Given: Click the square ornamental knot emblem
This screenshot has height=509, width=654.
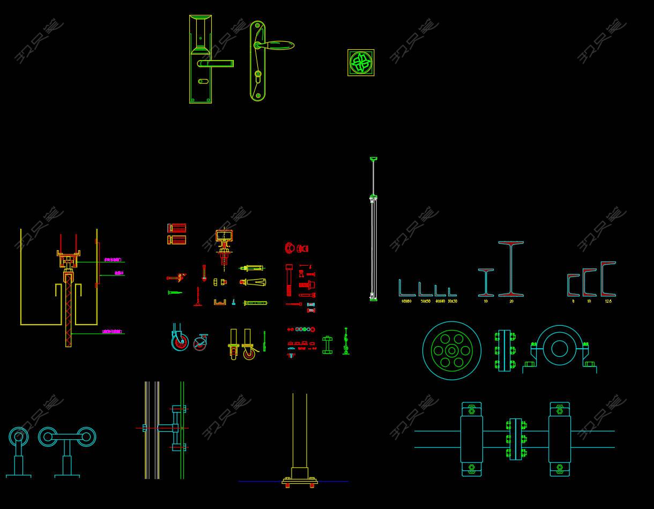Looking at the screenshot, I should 361,63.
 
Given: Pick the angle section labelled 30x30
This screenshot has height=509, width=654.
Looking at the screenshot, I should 452,292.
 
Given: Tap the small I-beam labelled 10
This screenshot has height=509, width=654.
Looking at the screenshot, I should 486,282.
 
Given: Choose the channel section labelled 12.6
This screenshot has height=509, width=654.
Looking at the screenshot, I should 608,279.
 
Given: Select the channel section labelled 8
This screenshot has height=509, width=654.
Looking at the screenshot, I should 573,285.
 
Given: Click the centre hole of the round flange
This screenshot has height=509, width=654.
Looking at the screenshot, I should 452,351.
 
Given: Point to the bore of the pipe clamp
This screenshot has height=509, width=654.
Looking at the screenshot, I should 559,349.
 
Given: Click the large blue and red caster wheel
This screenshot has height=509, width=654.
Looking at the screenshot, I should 180,341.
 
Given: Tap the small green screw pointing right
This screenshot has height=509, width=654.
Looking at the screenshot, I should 174,293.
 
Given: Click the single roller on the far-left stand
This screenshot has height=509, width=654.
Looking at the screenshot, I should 18,437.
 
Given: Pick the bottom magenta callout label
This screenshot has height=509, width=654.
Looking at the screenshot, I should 113,332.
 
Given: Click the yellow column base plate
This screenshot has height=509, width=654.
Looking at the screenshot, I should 300,482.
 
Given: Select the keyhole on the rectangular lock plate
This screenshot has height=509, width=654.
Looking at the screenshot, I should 203,81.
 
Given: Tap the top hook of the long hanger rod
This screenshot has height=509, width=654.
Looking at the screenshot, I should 374,159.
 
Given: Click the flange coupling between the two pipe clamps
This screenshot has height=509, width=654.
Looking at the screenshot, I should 516,439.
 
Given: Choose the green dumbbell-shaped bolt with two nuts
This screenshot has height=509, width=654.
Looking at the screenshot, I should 327,345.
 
